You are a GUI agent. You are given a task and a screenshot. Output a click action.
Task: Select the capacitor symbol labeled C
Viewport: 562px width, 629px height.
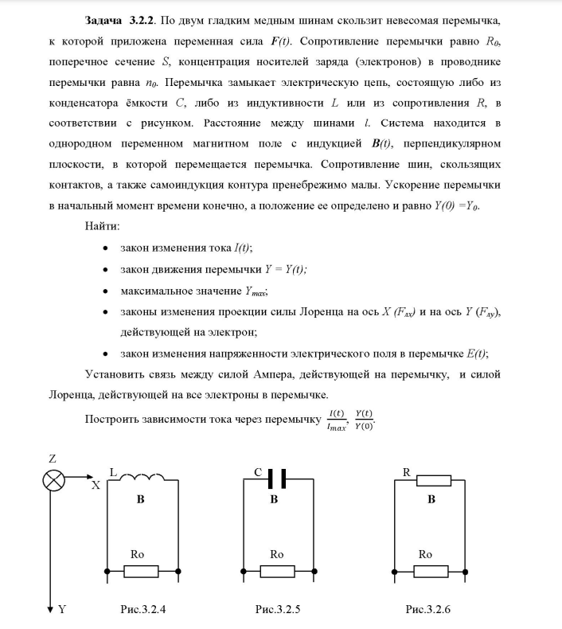(x=275, y=479)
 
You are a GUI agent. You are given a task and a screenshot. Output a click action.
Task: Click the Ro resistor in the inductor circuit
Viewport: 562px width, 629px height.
(x=141, y=571)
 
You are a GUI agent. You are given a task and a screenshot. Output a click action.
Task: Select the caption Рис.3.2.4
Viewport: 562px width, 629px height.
(x=141, y=609)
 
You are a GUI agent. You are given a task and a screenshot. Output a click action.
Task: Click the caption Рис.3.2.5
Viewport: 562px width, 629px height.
(x=277, y=609)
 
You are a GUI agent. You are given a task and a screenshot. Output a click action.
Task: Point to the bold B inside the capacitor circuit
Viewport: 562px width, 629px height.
(x=274, y=500)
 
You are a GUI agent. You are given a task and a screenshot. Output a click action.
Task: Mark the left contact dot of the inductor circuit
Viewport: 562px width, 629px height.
(x=107, y=571)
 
